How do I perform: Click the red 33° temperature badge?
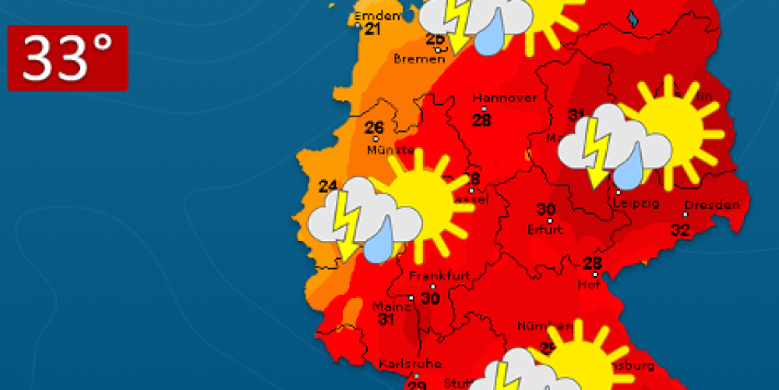68,58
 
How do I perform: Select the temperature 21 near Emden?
372,30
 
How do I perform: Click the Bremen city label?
419,58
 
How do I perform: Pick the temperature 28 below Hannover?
482,119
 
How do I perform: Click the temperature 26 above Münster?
375,128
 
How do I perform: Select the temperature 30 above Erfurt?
546,209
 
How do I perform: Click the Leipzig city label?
637,204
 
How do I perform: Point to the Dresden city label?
713,205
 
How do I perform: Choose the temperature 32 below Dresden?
680,229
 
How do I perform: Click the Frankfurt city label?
432,276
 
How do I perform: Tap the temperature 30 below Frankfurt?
430,297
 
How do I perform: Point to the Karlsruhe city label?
410,363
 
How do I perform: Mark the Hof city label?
587,284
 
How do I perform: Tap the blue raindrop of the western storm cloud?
378,243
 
